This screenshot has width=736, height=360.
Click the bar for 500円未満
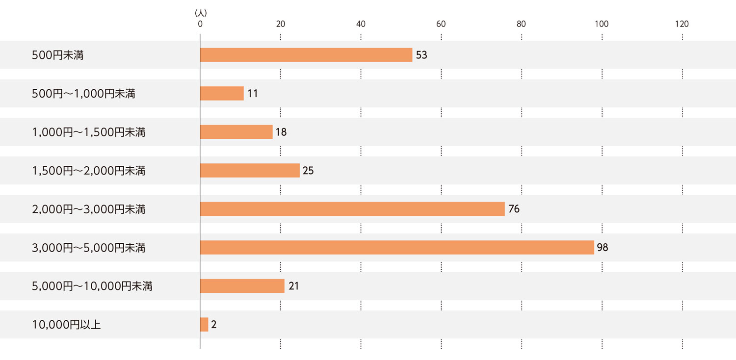[306, 55]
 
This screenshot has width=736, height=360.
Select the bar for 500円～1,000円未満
[222, 93]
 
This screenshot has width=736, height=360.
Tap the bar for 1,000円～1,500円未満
[236, 132]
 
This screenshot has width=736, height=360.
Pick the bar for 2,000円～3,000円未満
[352, 209]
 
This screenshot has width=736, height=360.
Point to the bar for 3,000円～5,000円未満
[397, 248]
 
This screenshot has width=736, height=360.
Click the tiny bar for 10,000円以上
[204, 325]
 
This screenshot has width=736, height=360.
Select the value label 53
[421, 55]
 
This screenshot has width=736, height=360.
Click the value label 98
[603, 248]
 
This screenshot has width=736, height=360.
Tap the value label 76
[514, 209]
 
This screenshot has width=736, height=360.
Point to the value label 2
[214, 325]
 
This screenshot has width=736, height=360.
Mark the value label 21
[293, 286]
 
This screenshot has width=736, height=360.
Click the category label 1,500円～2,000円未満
[88, 171]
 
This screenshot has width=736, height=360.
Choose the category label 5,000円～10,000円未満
[92, 286]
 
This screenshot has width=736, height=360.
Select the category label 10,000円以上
[66, 325]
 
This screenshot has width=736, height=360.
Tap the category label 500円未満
[57, 55]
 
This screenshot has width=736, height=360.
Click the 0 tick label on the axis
[200, 24]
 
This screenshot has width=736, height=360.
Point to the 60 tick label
[441, 24]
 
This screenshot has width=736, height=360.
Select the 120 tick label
[682, 24]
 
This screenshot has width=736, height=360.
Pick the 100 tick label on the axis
[602, 24]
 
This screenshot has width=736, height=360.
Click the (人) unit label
[200, 12]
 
